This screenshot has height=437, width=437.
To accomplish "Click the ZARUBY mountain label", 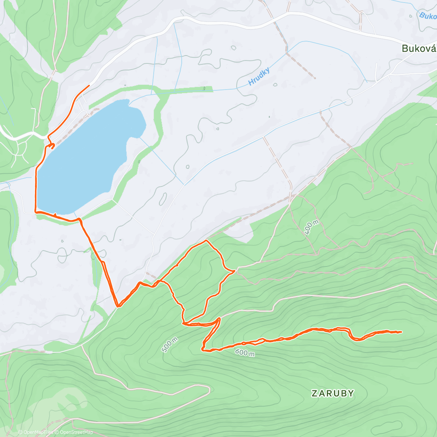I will click(333, 393).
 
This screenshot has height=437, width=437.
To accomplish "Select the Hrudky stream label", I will click(259, 76).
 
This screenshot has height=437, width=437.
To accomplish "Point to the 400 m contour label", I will click(311, 228).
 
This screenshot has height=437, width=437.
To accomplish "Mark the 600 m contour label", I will click(245, 353).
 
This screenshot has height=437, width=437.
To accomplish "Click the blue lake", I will click(87, 157).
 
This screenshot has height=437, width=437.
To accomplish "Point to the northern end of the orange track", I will click(89, 85).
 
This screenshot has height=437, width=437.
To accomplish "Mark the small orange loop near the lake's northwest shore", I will click(52, 146).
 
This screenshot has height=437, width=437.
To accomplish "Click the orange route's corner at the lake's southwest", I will click(35, 211).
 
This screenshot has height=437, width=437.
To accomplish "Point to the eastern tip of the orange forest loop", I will click(234, 271).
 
